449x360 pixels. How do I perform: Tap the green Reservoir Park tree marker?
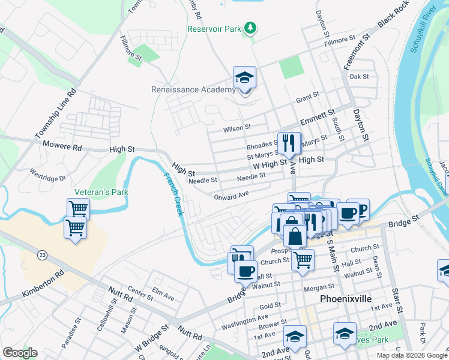(252, 28)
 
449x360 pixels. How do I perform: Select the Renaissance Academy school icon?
(244, 79)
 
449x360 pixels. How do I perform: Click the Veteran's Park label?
(101, 193)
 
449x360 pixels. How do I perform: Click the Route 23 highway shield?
(41, 255)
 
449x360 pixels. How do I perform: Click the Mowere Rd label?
(62, 146)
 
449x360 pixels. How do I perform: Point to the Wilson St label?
(237, 127)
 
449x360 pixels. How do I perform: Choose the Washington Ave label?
(244, 322)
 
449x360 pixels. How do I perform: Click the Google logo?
(19, 353)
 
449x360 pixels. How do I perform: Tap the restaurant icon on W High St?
(289, 143)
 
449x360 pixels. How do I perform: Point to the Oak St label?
(358, 77)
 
